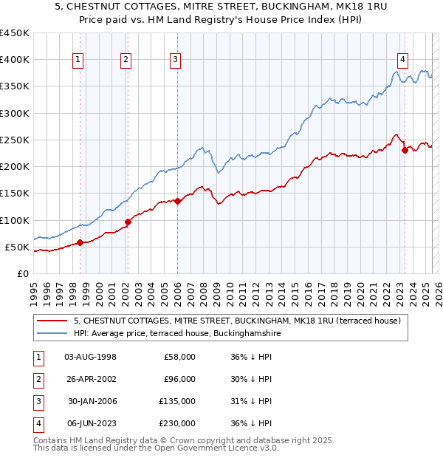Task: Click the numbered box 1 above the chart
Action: coord(78,61)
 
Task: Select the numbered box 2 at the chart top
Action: coord(126,61)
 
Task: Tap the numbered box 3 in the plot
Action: coord(175,61)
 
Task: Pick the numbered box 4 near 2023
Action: coord(402,61)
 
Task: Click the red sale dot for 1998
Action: coord(80,242)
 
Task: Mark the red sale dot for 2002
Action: coord(128,222)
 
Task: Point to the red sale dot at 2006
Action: coord(177,201)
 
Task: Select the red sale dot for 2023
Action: coord(405,150)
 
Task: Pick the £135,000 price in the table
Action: coord(178,401)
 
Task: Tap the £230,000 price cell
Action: coord(178,423)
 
